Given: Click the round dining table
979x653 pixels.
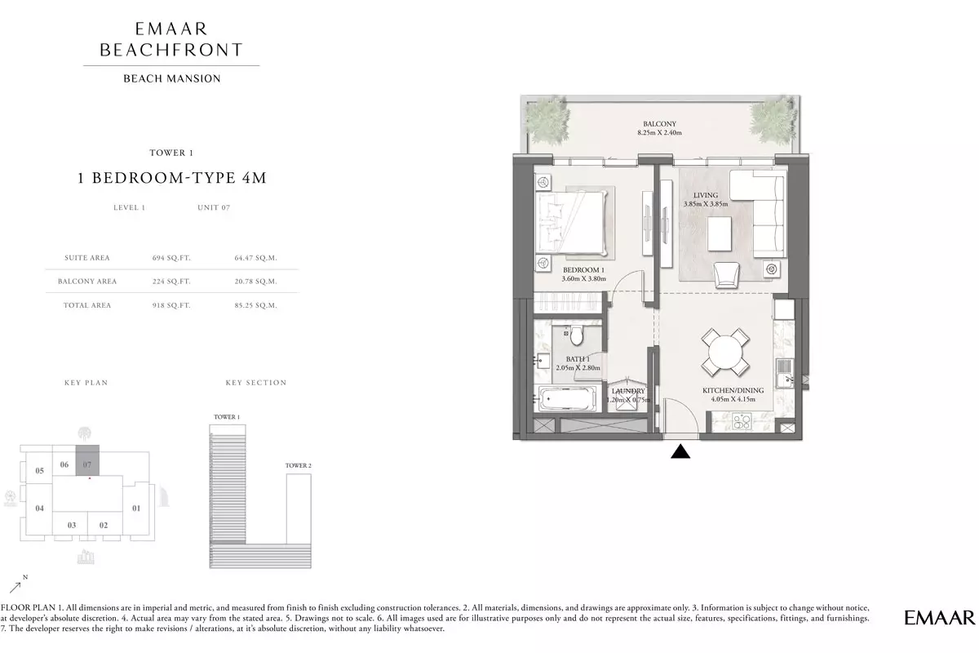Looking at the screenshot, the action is (725, 353).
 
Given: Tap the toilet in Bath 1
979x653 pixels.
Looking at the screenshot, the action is (577, 335).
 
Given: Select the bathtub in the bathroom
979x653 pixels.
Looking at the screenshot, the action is (567, 398).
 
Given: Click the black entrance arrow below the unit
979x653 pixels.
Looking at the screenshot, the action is (680, 451).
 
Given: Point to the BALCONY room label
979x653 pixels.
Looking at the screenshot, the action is (659, 124).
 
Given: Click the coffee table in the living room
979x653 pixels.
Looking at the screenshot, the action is (720, 234).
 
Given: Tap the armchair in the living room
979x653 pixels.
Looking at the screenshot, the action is (726, 275).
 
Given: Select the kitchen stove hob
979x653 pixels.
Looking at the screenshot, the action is (742, 421).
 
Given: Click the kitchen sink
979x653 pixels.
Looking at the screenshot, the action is (785, 373).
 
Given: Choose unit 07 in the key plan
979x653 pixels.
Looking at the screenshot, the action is (87, 460).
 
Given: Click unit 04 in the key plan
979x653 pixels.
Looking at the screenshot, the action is (39, 509).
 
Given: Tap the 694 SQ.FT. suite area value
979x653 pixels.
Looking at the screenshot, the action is (171, 258).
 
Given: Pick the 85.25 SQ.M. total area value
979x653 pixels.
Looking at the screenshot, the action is (255, 305).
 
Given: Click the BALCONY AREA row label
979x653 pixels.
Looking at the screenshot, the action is (87, 282).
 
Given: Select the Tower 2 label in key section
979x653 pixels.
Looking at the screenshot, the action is (298, 465).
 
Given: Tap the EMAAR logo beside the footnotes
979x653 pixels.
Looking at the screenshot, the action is (939, 618).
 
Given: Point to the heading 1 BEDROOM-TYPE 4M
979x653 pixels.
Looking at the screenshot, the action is (172, 178).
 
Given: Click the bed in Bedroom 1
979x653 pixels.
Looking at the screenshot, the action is (572, 223).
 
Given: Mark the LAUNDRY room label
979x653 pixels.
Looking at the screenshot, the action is (628, 390).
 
